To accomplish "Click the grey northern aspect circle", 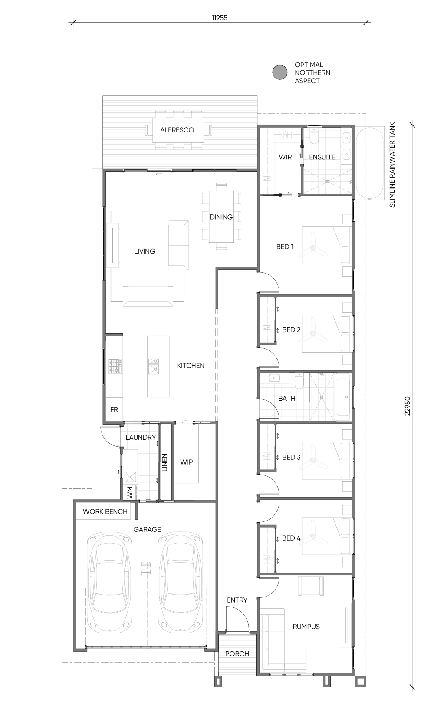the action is click(x=280, y=72).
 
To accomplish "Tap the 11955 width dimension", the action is click(x=220, y=18).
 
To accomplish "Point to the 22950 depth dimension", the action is click(x=408, y=406).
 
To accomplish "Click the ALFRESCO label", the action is click(x=177, y=130).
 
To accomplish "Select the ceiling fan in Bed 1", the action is click(x=314, y=248).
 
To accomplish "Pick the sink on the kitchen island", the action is click(x=154, y=366).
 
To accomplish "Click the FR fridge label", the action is click(x=114, y=409).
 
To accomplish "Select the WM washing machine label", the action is click(x=130, y=493).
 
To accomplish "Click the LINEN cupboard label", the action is click(x=164, y=463).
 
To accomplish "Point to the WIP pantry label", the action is click(x=186, y=462).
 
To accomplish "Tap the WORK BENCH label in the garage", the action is click(x=105, y=512).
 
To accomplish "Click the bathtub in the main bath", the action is click(x=343, y=397).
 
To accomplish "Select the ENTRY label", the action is click(x=237, y=600).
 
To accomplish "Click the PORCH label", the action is click(x=237, y=653).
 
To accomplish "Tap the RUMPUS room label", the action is click(x=306, y=627).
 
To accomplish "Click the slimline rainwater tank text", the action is click(x=392, y=165).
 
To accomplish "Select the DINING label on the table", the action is click(x=221, y=217).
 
